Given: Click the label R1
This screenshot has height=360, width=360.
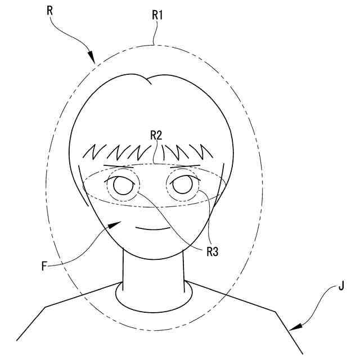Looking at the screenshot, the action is (x=157, y=15).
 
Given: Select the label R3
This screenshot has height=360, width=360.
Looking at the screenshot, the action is (x=211, y=251).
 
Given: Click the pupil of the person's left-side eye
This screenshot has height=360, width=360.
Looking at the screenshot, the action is (x=119, y=184).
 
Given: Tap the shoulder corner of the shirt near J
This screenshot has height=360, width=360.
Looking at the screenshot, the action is (x=275, y=311).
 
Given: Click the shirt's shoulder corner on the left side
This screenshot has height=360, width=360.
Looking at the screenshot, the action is (x=46, y=307).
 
